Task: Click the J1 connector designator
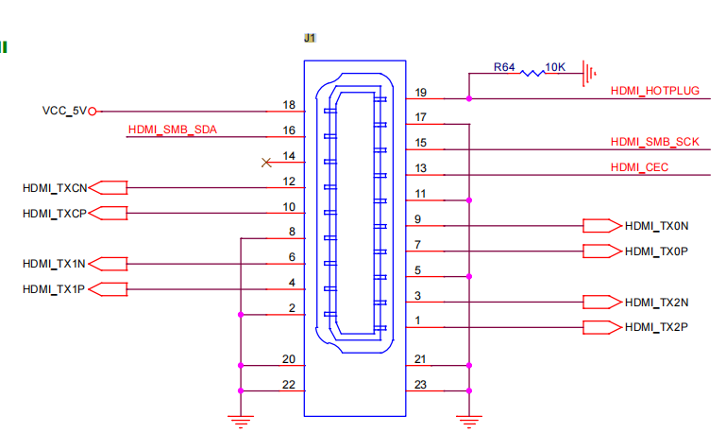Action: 310,38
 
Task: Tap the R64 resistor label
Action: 504,67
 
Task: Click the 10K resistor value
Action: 555,67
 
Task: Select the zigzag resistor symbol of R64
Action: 532,73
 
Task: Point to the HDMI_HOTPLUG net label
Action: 654,91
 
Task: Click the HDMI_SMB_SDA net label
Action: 172,130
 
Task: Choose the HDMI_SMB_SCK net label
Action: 654,142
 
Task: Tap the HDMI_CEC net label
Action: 639,167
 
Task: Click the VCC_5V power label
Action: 64,111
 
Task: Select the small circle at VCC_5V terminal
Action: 93,112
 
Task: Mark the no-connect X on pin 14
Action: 266,163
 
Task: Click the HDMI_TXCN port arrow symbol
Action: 108,188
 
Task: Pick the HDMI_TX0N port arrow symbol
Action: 602,226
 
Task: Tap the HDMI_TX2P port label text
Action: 656,327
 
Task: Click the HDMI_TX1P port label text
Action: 54,289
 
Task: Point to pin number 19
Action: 420,93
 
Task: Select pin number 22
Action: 289,385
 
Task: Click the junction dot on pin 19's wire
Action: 469,98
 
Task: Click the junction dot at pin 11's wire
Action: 469,200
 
